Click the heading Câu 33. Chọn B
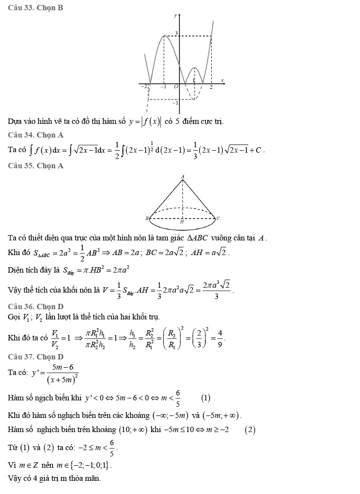(36, 8)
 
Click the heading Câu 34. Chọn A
(36, 135)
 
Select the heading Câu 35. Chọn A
(36, 166)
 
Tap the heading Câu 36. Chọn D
(36, 306)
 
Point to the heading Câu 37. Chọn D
(36, 357)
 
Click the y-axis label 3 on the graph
(176, 33)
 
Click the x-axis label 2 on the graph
(211, 87)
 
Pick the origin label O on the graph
(176, 87)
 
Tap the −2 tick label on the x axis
(144, 86)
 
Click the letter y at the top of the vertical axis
(176, 16)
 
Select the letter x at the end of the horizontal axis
(222, 80)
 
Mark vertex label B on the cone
(146, 218)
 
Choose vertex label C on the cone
(218, 218)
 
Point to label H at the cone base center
(182, 222)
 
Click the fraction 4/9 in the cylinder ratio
(220, 337)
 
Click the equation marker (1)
(205, 398)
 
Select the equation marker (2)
(250, 430)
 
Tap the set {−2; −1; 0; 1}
(93, 465)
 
